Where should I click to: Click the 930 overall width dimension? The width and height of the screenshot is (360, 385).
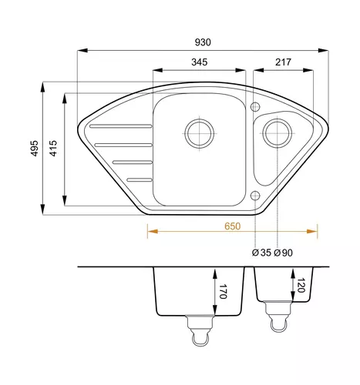[203, 42]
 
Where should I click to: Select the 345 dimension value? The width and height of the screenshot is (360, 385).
[200, 62]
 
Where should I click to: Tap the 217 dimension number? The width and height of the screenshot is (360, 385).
[283, 62]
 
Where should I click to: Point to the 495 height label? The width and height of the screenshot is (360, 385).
[35, 148]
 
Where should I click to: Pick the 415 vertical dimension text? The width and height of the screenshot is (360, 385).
[53, 148]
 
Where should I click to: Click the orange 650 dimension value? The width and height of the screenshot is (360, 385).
[233, 226]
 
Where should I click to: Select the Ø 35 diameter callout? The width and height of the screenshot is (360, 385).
[261, 253]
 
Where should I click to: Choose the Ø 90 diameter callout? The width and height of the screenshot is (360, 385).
[283, 253]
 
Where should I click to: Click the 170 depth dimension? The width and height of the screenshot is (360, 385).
[223, 291]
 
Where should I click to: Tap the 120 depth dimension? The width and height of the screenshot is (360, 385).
[301, 285]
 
